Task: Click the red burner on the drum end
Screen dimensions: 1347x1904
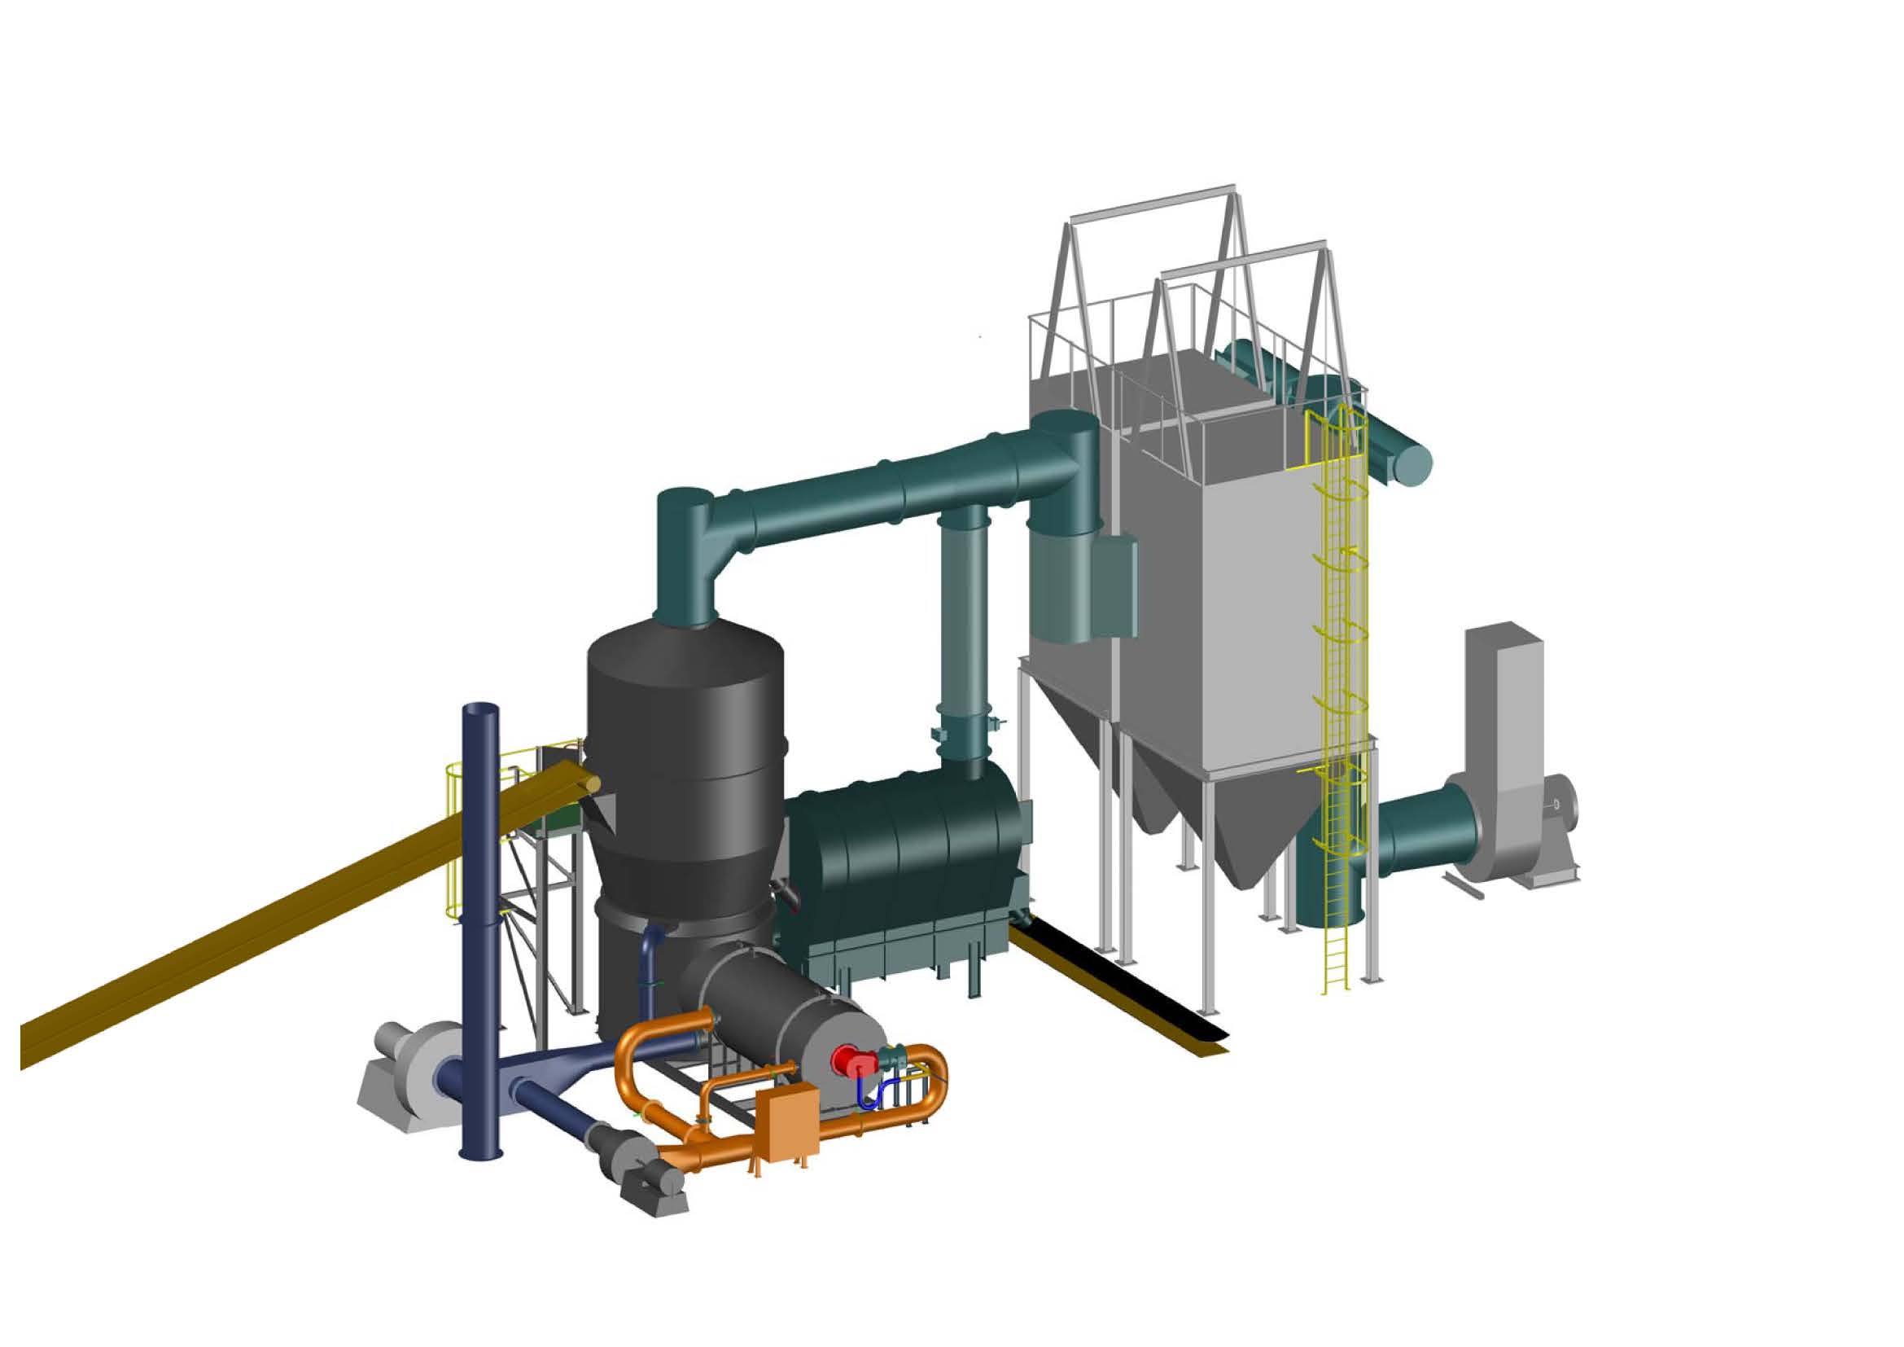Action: coord(852,1061)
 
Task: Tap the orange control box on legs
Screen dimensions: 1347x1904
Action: coord(788,1124)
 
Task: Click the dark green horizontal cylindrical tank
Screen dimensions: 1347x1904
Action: coord(904,854)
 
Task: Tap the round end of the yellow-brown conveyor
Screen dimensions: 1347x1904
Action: coord(590,782)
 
